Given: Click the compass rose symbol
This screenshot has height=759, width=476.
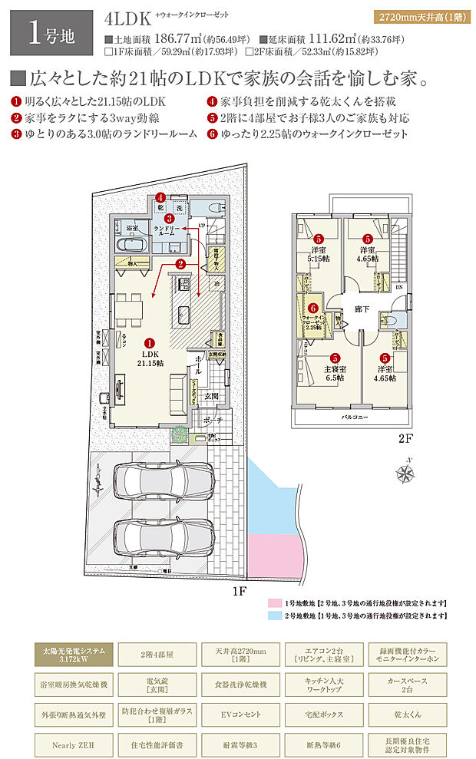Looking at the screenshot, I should pyautogui.click(x=404, y=474).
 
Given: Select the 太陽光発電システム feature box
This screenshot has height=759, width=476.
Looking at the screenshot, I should pyautogui.click(x=74, y=655).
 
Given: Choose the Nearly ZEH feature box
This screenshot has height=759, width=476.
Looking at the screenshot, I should pyautogui.click(x=74, y=744).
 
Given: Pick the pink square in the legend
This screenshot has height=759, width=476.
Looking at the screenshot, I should pyautogui.click(x=272, y=604).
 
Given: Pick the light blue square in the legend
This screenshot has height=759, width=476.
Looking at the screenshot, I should pyautogui.click(x=272, y=615).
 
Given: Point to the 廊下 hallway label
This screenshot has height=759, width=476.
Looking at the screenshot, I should pyautogui.click(x=362, y=310).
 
